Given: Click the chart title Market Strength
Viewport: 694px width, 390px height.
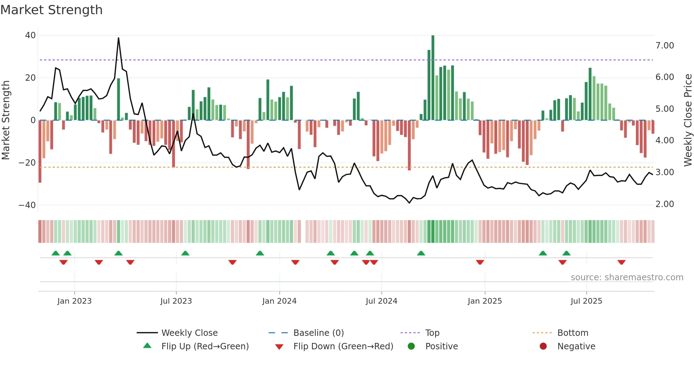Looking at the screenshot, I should point(51,10).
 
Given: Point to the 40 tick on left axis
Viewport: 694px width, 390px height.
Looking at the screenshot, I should point(30,35).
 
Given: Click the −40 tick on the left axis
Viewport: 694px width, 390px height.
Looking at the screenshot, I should point(27,205).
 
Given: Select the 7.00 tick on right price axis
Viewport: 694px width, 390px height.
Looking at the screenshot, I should point(665,46).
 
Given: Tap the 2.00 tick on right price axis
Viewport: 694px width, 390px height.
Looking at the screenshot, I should point(665,204).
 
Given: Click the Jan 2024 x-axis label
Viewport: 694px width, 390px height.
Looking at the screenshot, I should point(279,301).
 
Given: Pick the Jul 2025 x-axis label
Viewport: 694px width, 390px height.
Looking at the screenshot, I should point(586,301).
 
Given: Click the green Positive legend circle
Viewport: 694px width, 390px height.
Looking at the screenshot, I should point(411,346).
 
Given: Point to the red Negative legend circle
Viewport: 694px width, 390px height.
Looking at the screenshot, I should point(543,346).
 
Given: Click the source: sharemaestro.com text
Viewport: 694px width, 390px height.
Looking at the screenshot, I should point(627,277).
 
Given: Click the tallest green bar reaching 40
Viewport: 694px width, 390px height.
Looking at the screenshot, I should point(433,78).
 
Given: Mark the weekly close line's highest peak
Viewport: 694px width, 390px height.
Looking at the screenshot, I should point(118,38).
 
